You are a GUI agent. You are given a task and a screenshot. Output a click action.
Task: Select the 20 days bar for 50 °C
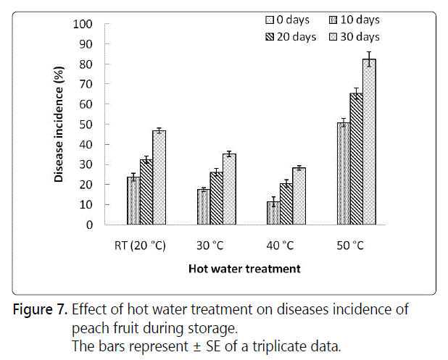[x=357, y=159]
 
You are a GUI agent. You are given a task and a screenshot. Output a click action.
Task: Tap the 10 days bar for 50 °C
[x=344, y=174]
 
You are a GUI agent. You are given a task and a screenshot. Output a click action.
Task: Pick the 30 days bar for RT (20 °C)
[x=159, y=177]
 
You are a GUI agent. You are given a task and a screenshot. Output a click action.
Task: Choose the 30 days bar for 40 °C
[x=299, y=196]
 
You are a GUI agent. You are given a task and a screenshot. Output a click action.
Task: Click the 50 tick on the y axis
[x=86, y=125]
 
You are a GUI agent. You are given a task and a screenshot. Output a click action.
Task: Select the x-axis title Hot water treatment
[x=244, y=269]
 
